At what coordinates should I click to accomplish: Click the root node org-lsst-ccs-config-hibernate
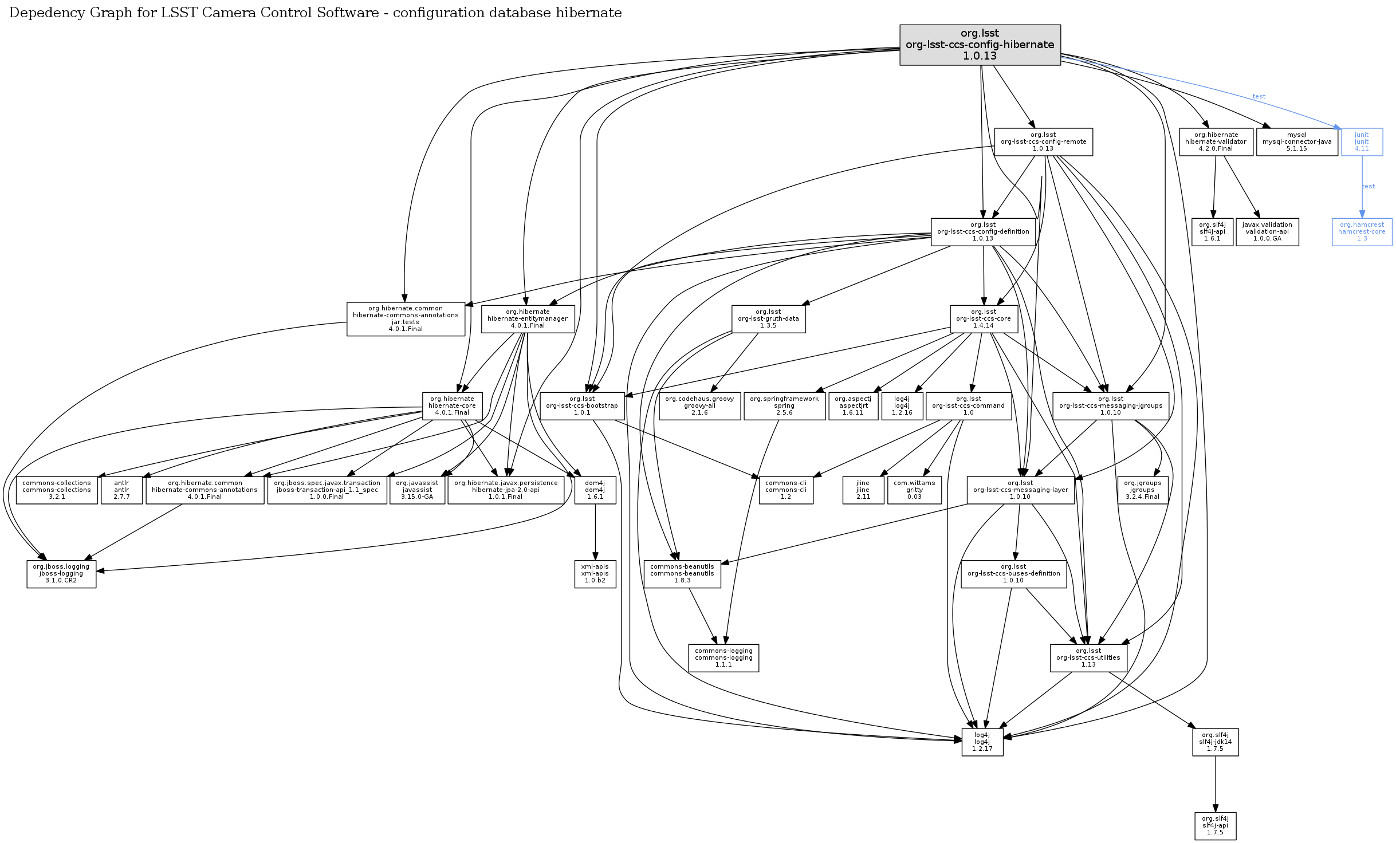980,45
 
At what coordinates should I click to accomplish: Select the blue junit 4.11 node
1361,141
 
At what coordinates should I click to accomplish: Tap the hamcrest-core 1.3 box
1362,231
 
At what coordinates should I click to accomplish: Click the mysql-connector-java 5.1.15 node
1296,141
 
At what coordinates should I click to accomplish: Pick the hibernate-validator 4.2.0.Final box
1216,141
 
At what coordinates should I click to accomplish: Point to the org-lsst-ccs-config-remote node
1043,141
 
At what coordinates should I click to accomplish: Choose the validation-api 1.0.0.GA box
1267,231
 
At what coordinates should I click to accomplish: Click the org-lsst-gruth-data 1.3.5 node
768,318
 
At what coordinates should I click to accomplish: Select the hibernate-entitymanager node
528,318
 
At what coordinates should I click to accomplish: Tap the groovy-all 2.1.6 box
699,405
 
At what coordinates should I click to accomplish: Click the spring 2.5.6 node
784,405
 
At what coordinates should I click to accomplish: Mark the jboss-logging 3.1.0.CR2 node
61,573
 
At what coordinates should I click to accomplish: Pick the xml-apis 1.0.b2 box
595,573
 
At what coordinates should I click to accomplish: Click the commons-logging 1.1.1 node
723,657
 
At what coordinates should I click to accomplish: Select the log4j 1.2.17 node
982,742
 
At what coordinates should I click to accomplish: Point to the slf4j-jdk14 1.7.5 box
1215,742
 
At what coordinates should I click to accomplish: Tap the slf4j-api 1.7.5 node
1215,825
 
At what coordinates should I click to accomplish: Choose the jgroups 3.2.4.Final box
1142,490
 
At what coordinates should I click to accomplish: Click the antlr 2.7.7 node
121,490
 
